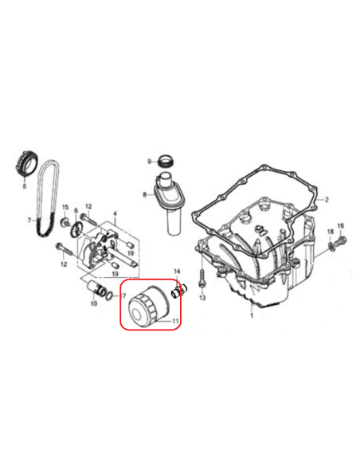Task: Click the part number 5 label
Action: tap(25, 186)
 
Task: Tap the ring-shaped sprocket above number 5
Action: tap(25, 163)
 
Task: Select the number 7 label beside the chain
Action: tap(29, 220)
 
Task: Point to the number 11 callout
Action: tap(175, 321)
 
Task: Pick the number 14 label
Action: tap(177, 272)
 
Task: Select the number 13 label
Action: tap(202, 297)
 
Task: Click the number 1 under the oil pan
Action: tap(252, 316)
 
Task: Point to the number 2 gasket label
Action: tap(327, 200)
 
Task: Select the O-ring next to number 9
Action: tap(166, 161)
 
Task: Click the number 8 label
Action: tap(145, 194)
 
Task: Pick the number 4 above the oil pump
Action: tap(115, 213)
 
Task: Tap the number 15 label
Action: tap(65, 207)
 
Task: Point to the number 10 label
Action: tap(94, 303)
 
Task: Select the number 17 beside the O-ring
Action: tap(123, 295)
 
